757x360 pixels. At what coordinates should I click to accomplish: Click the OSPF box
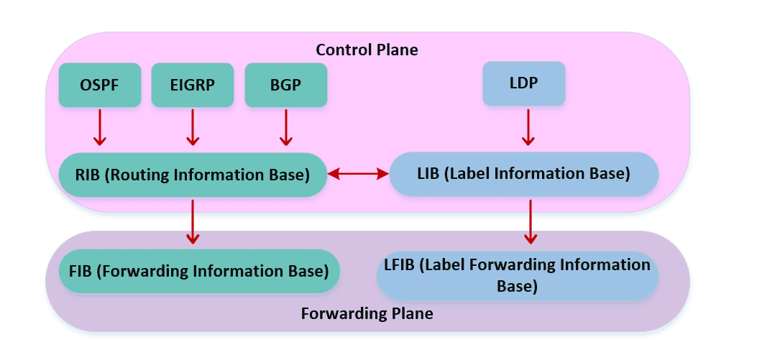(100, 86)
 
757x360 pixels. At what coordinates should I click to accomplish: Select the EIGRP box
(193, 86)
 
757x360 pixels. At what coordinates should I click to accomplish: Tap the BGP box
(286, 86)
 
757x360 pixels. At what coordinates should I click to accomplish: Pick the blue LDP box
(524, 83)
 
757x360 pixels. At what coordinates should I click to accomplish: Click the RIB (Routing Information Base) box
(193, 175)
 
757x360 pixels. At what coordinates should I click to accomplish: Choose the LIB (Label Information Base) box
(524, 174)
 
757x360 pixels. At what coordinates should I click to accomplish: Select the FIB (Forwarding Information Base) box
(199, 271)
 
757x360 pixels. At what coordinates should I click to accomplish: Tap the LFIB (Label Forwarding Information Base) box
(518, 275)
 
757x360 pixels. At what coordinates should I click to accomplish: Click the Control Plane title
(367, 50)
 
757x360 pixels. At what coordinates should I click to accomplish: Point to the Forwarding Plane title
(367, 314)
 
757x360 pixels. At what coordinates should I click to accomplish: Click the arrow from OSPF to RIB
(100, 127)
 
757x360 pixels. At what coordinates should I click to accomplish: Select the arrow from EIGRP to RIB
(193, 127)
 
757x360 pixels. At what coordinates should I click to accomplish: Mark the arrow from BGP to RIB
(286, 127)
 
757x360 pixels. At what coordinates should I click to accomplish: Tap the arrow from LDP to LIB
(528, 127)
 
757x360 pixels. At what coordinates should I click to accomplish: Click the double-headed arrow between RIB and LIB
(358, 174)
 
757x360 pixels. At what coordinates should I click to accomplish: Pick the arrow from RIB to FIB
(193, 221)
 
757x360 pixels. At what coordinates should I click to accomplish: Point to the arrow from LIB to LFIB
(531, 221)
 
